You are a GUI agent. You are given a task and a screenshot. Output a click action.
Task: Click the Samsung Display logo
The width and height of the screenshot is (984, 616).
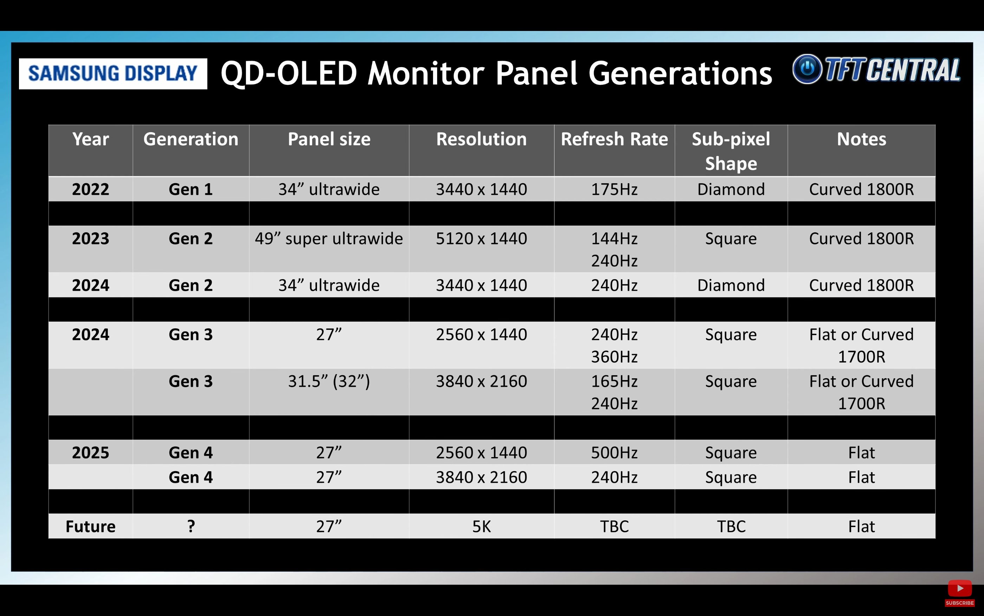point(113,74)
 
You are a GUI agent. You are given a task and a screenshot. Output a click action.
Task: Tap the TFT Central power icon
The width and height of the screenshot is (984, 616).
point(807,69)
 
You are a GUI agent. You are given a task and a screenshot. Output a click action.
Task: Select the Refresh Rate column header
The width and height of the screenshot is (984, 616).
point(614,139)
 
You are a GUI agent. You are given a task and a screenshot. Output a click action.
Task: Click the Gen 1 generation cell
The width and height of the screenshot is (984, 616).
point(190,189)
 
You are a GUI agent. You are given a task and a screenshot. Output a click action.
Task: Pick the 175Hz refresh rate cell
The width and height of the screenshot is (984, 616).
point(614,189)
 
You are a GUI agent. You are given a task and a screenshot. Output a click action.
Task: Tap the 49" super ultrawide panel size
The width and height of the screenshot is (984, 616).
point(329,238)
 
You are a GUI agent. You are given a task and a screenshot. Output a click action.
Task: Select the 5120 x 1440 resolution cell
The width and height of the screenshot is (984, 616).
point(481,238)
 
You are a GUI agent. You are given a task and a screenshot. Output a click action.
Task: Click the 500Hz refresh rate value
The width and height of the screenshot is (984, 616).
point(614,453)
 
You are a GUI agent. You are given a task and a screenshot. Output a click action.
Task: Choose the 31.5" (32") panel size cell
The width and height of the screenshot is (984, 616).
point(329,381)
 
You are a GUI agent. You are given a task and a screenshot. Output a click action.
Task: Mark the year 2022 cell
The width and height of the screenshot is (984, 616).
point(90,189)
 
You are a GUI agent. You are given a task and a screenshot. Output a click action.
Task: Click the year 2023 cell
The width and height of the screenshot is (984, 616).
point(90,238)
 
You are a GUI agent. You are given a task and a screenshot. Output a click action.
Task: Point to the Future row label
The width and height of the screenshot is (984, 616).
point(90,526)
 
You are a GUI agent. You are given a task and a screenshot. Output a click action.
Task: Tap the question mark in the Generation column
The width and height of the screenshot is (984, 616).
point(191,526)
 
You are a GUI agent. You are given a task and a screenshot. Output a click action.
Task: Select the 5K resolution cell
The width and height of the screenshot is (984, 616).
point(481,526)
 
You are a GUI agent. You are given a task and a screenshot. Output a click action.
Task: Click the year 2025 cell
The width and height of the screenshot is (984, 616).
point(90,453)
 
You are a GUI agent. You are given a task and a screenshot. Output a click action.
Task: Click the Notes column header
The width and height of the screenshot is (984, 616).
point(861,139)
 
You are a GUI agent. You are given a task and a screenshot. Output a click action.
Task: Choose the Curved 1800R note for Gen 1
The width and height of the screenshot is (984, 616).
point(861,189)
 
